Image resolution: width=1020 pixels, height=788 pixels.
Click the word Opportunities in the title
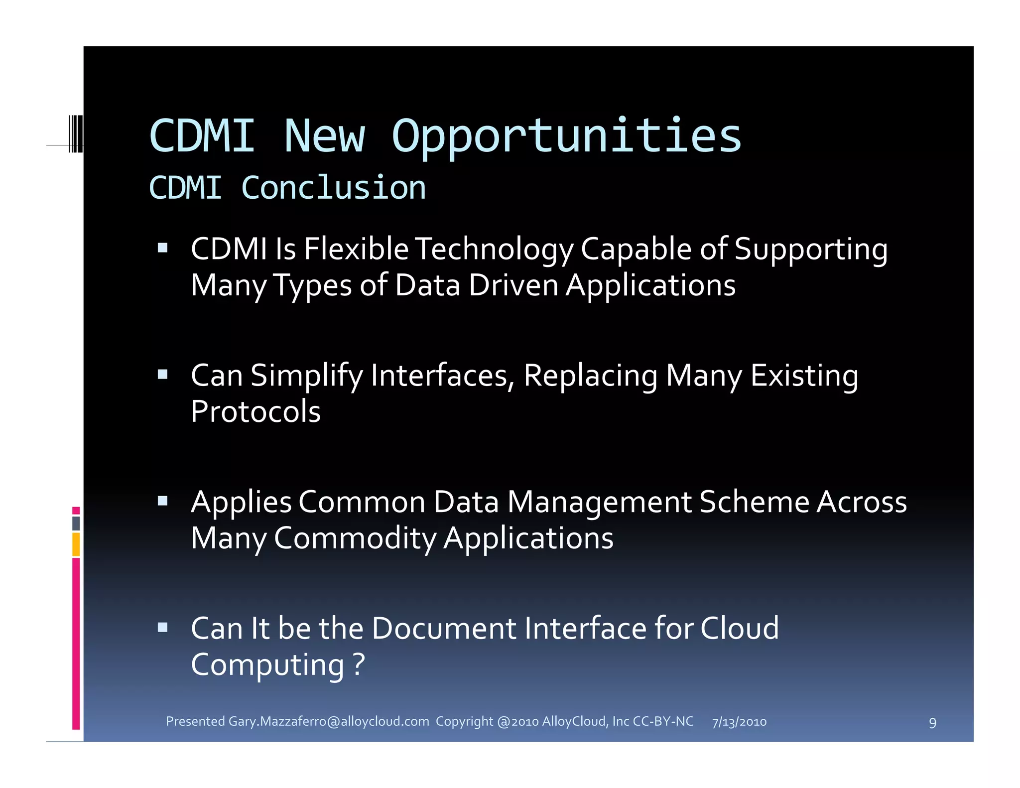(x=567, y=136)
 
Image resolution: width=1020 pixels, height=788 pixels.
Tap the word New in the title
(x=325, y=136)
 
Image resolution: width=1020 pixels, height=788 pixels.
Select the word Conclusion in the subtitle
(x=333, y=188)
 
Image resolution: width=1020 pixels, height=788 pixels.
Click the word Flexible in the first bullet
(x=356, y=249)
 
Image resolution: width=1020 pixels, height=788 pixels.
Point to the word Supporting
(x=811, y=249)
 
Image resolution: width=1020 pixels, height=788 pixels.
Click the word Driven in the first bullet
(x=513, y=285)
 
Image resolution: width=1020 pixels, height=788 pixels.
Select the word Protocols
(x=255, y=412)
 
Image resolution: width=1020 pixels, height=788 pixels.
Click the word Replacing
(x=591, y=376)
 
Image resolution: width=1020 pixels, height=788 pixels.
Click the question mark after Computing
(x=359, y=664)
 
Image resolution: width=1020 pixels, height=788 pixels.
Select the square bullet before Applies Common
(x=162, y=501)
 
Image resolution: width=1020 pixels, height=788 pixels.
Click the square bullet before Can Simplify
(x=162, y=375)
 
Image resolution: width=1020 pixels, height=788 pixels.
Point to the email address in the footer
(x=329, y=721)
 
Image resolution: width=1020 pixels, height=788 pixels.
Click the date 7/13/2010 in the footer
(x=739, y=722)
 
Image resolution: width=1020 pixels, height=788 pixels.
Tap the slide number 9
(x=932, y=723)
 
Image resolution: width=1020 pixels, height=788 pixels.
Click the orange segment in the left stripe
(x=76, y=544)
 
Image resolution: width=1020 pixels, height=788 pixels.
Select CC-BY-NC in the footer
(x=663, y=721)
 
